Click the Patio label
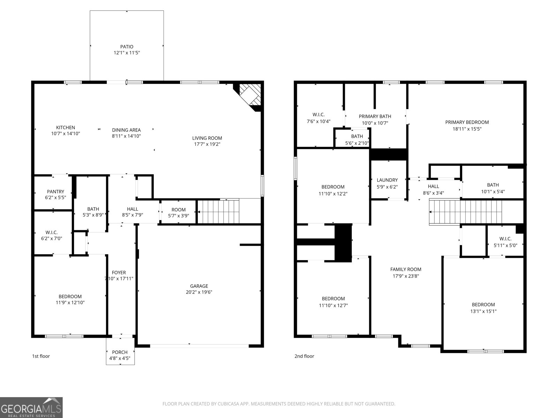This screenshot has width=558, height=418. [127, 47]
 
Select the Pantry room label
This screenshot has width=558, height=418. [55, 191]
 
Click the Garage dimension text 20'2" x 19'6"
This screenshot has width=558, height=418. [199, 292]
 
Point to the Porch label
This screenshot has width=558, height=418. [120, 352]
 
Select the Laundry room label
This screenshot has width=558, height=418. [387, 180]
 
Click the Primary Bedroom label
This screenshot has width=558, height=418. [467, 122]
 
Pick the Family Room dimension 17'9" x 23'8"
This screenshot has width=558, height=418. [406, 276]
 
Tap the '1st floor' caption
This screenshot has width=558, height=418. [41, 356]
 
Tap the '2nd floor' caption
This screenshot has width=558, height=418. [304, 356]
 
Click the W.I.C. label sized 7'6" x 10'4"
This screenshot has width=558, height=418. [318, 115]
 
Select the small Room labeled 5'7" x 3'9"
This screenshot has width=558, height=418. [178, 210]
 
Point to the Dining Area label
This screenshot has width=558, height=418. [126, 130]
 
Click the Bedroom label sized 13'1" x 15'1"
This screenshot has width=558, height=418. [483, 304]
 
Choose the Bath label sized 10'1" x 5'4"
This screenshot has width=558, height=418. [493, 185]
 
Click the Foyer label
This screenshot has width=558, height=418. [119, 272]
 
